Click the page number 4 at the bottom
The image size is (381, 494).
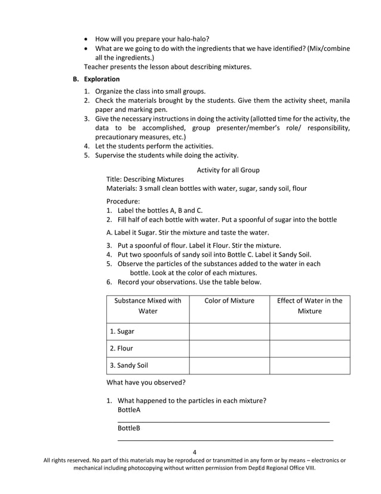[x=195, y=452]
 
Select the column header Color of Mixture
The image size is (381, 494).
[x=229, y=301]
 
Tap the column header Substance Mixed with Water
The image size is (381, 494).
[x=148, y=306]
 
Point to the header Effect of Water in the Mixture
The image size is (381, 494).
[x=309, y=306]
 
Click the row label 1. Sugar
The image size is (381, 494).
[x=122, y=331]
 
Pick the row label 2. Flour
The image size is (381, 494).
[x=121, y=348]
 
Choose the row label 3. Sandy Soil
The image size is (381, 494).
[x=128, y=365]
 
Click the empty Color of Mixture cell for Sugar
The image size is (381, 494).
[x=229, y=331]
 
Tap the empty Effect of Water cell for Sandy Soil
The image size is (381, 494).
[x=309, y=365]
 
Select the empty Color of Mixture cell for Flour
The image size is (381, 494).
[x=229, y=348]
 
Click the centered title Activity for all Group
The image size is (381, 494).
[x=228, y=170]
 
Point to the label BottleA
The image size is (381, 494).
[x=129, y=410]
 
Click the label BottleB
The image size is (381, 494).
[x=129, y=428]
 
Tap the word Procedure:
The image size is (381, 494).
[x=123, y=202]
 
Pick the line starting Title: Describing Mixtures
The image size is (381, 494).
[x=145, y=179]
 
